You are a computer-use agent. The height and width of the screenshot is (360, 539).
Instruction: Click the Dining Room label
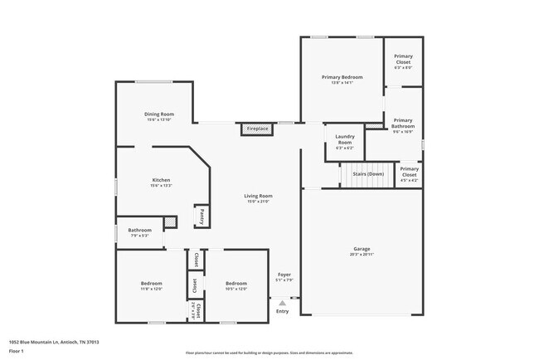tap(159, 114)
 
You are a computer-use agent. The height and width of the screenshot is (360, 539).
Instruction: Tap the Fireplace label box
tap(257, 129)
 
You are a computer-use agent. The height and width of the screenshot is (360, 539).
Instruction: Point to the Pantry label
tap(202, 216)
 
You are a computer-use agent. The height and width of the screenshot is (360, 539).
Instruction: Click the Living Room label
tap(258, 197)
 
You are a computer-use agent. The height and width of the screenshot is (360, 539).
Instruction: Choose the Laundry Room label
tap(344, 139)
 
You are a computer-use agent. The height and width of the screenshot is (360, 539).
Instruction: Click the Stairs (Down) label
tap(368, 174)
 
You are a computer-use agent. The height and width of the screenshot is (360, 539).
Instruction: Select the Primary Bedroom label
tap(342, 77)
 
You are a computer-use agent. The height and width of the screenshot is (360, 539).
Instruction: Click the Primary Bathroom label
tap(403, 123)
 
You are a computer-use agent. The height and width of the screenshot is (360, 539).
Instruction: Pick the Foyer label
tap(284, 275)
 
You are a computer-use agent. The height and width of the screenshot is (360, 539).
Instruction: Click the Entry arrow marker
tap(282, 303)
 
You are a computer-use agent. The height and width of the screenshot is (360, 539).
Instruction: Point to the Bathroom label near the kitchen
tap(139, 230)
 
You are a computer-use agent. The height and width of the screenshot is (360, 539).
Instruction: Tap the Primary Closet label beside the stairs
tap(409, 172)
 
